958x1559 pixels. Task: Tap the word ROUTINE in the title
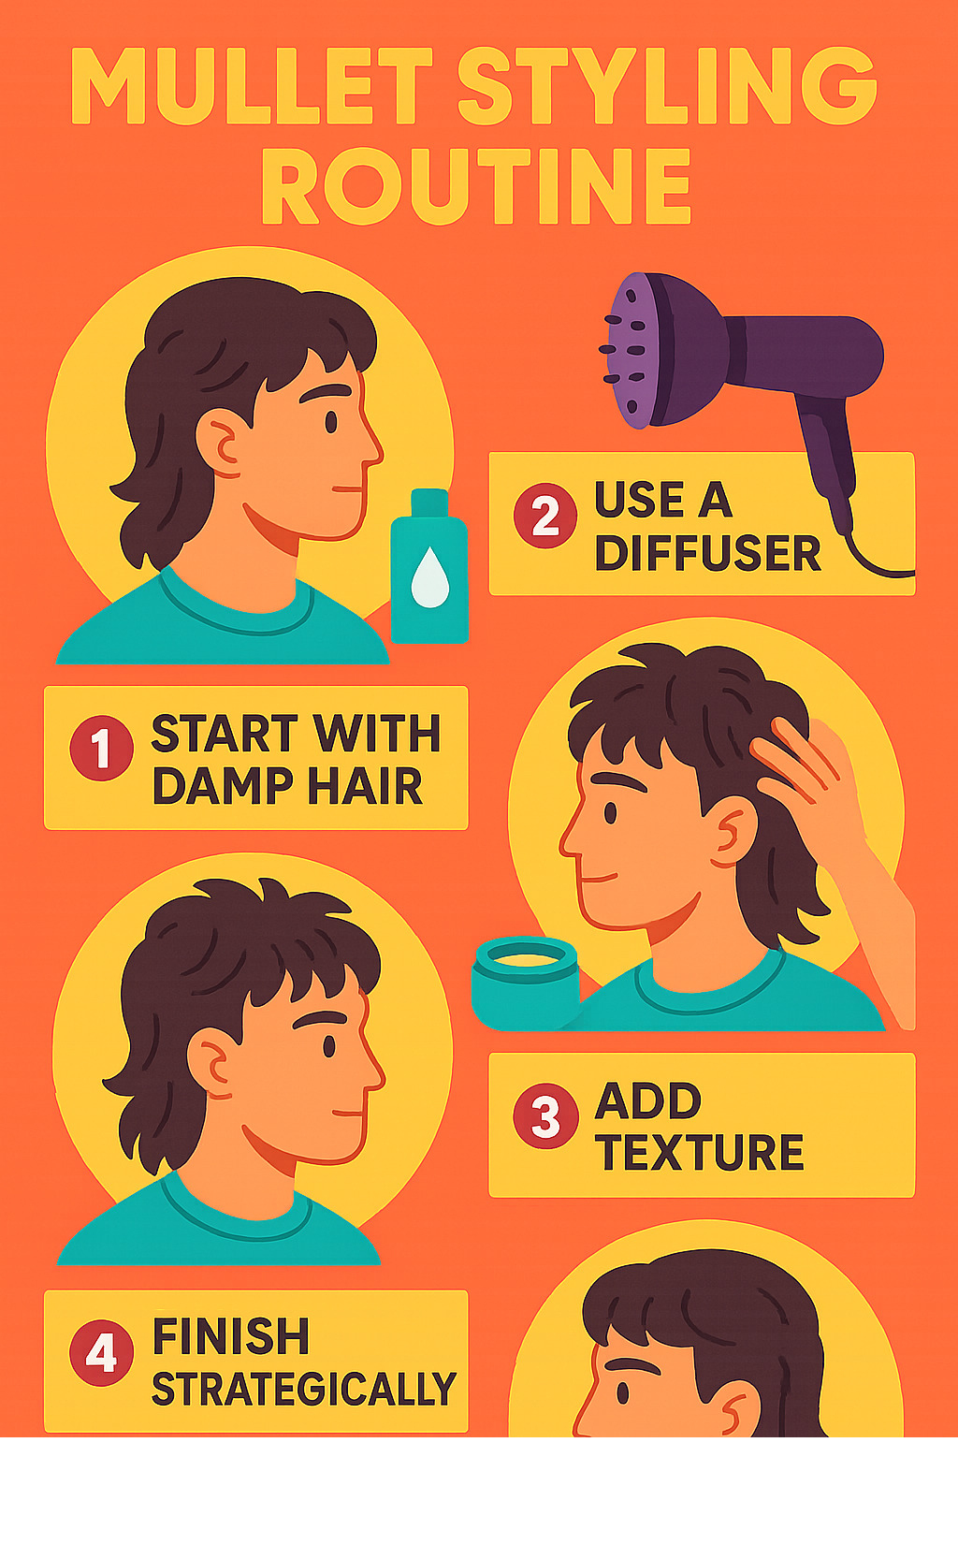pos(476,186)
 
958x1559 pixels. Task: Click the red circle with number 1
pos(102,749)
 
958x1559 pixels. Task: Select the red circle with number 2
pos(545,516)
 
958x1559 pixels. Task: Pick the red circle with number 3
pos(545,1116)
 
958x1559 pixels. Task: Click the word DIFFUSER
pos(707,553)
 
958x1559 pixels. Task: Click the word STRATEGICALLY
pos(304,1390)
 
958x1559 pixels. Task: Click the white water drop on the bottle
pos(429,577)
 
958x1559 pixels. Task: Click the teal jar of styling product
pos(525,982)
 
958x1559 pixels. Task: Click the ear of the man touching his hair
pos(731,831)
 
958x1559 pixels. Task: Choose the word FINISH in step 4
pos(231,1336)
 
